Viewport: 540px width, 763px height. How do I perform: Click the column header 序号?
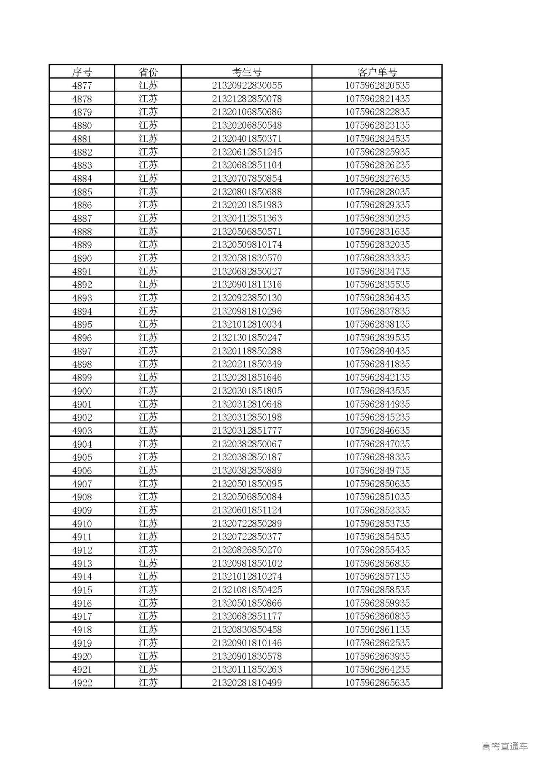point(82,72)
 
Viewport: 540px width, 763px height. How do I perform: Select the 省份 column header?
point(148,72)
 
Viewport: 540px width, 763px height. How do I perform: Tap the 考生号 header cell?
point(247,72)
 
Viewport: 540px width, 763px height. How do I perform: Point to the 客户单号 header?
point(377,72)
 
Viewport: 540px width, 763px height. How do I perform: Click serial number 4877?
point(82,86)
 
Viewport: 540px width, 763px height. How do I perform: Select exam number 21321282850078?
point(247,99)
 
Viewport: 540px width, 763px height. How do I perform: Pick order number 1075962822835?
point(377,112)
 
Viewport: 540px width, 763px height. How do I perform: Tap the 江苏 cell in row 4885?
point(148,192)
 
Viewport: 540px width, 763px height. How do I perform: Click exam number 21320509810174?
point(247,245)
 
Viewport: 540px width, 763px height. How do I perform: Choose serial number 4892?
point(82,285)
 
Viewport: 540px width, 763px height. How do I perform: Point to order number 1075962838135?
point(377,325)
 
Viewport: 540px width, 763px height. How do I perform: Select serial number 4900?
point(82,391)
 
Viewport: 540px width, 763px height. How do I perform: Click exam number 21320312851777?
point(247,431)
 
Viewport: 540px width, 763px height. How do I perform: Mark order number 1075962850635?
point(377,484)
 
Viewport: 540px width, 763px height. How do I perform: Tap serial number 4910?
point(82,524)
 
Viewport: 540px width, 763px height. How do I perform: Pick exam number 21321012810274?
point(247,577)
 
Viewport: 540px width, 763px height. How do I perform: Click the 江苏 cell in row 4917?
point(148,616)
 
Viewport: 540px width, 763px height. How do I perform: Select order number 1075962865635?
point(377,683)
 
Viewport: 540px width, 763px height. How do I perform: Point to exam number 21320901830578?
point(247,656)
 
